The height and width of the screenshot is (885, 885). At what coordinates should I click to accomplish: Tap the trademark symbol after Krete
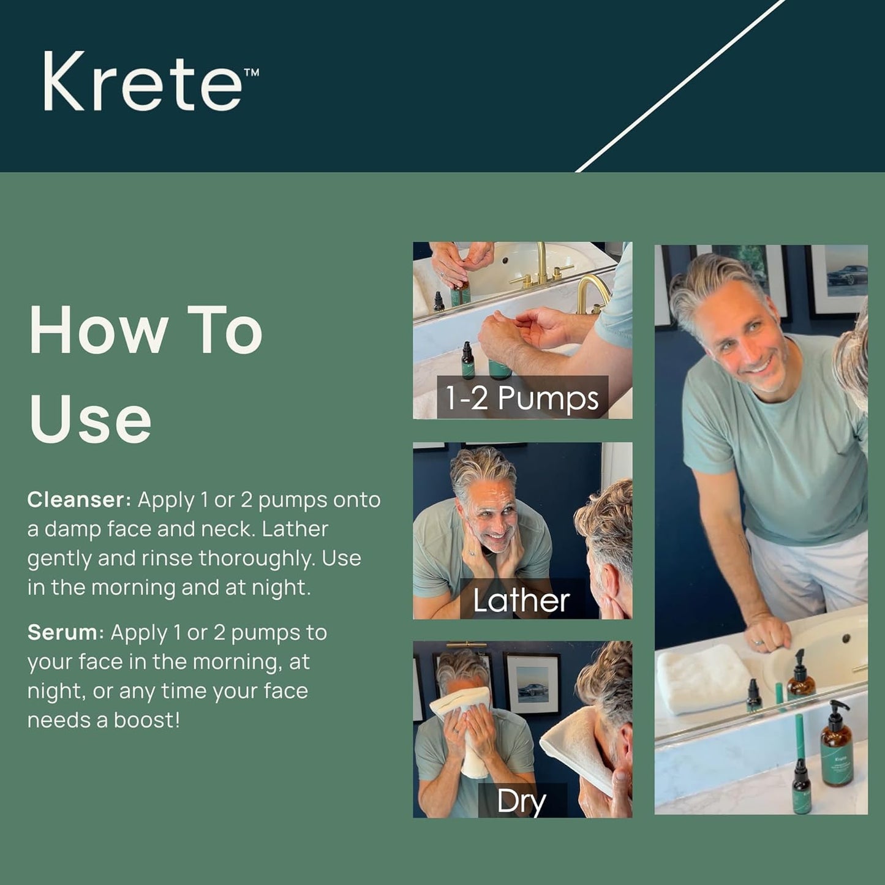(251, 72)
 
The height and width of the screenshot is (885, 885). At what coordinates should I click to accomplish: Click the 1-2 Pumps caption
(522, 398)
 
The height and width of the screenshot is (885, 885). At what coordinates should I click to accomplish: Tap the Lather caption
(521, 600)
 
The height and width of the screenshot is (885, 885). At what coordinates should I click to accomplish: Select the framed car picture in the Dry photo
(531, 684)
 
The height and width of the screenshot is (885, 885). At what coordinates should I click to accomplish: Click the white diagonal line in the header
(680, 86)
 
